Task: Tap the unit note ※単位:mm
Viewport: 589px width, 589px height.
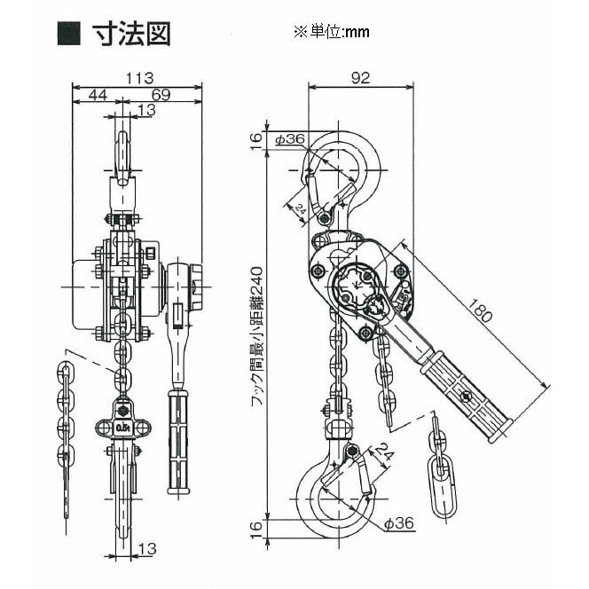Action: click(x=331, y=32)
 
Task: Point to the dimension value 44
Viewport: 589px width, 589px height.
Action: click(x=97, y=94)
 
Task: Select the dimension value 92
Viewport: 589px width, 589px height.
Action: click(x=358, y=77)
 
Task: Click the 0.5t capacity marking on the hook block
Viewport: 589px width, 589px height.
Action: click(x=122, y=429)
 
